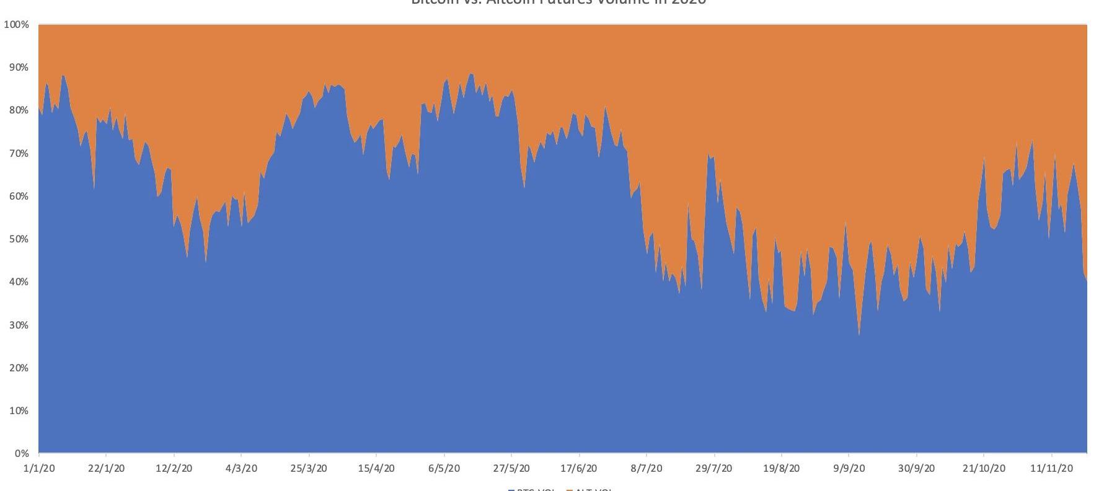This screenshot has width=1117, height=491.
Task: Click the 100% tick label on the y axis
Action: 16,25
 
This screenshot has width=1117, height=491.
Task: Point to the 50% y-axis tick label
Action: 18,239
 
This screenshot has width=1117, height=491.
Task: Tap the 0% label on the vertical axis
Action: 21,454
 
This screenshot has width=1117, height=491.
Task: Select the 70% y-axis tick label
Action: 18,154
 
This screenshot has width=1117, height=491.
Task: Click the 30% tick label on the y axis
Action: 18,325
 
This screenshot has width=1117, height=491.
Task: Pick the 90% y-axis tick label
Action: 18,68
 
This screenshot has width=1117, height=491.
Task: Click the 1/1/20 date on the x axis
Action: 38,469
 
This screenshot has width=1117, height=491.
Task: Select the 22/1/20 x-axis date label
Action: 106,469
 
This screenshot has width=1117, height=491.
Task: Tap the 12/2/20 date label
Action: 174,469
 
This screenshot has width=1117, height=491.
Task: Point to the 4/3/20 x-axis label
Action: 241,469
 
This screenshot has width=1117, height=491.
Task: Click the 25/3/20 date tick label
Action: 309,469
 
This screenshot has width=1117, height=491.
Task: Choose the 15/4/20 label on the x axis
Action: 376,469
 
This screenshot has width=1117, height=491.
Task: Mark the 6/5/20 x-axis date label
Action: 444,469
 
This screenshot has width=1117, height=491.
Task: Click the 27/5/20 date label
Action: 511,469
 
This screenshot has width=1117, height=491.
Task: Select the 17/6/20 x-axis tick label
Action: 579,469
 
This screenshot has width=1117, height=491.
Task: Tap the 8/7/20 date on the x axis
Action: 647,469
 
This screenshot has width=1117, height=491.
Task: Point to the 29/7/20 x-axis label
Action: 714,469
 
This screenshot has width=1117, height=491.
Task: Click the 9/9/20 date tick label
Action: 849,469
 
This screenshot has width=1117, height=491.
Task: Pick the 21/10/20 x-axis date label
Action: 984,469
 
